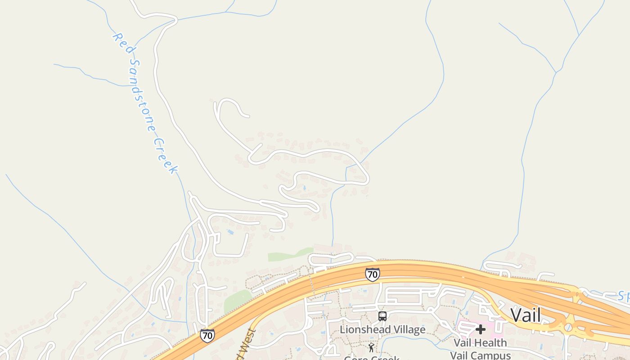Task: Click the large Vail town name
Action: (x=526, y=315)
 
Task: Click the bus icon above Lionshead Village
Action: (x=382, y=316)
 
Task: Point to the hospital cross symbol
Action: (x=481, y=329)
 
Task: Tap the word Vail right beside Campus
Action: (x=461, y=355)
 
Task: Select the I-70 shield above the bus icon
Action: (x=372, y=274)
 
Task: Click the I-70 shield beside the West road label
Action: (x=207, y=335)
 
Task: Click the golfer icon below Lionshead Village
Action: (x=371, y=347)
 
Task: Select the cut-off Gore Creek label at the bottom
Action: (x=371, y=358)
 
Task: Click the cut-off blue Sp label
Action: (x=623, y=296)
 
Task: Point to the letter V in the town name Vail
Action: (x=516, y=315)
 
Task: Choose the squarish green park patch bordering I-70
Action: (x=237, y=301)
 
